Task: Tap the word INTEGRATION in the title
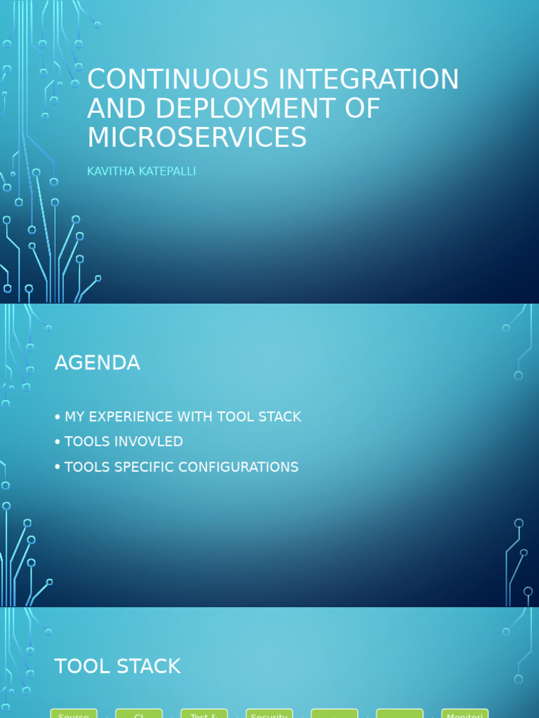point(369,80)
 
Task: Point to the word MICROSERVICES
point(197,137)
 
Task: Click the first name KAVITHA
point(113,172)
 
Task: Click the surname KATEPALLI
point(169,172)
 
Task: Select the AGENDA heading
point(97,363)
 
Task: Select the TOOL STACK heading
point(117,666)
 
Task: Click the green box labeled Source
point(74,714)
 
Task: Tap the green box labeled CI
point(139,714)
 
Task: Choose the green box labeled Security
point(269,714)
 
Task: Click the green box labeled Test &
point(204,714)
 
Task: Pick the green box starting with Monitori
point(465,714)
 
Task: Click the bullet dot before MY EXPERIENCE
point(58,418)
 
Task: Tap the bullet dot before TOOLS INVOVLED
point(58,442)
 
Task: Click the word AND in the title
point(117,109)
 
